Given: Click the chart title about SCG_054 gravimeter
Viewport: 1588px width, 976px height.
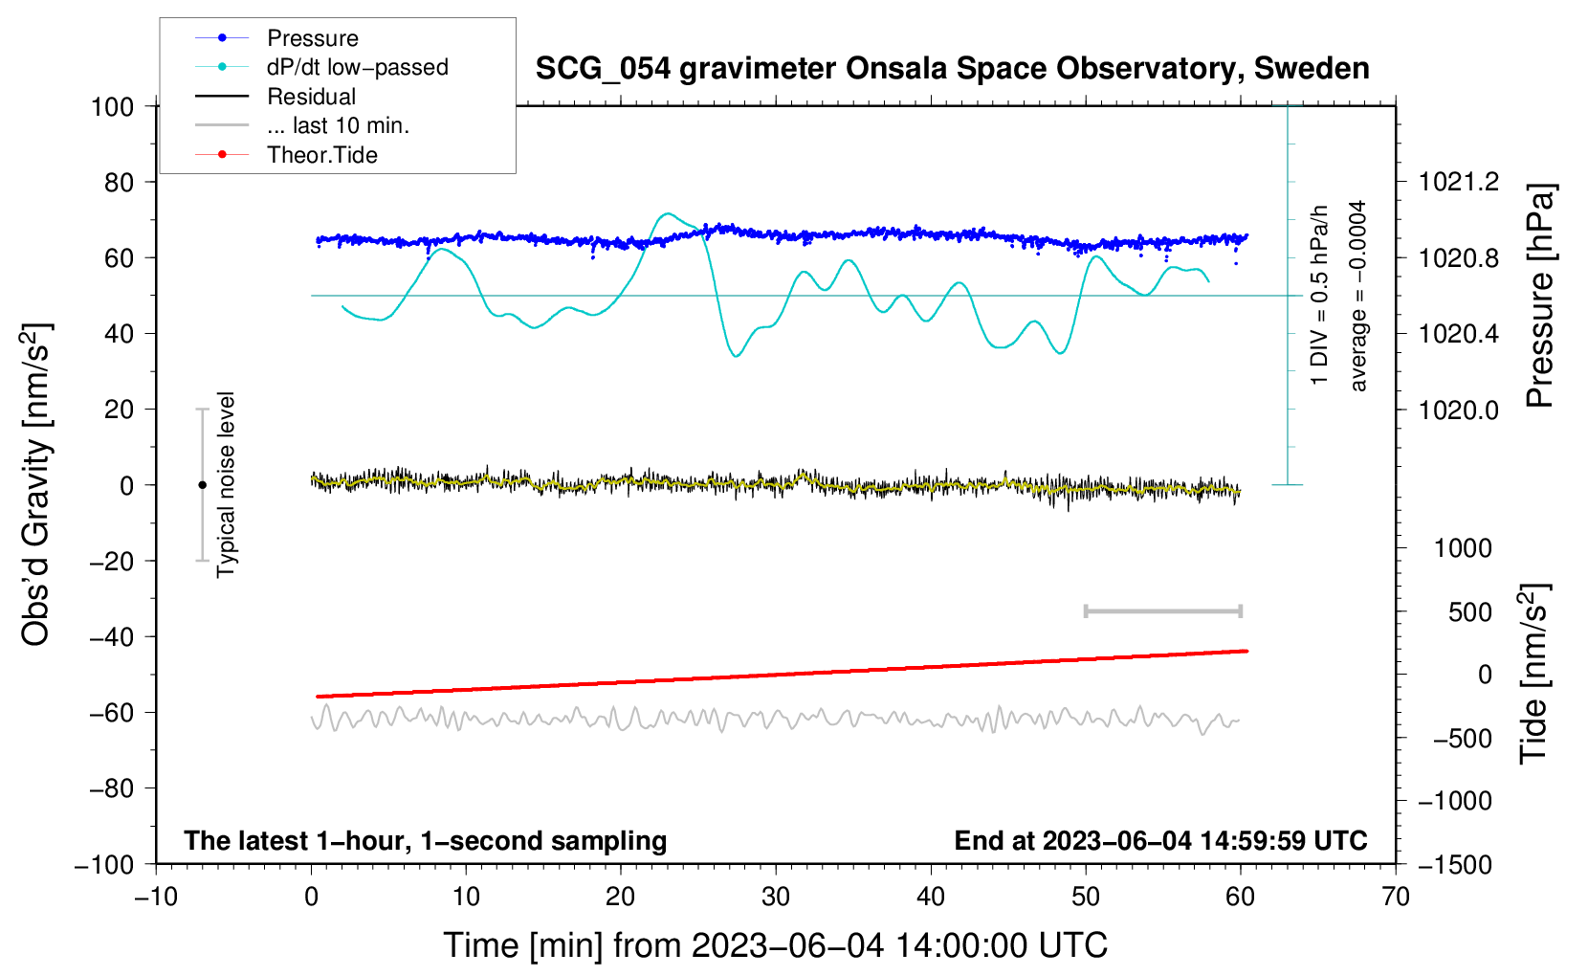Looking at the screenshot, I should [x=952, y=69].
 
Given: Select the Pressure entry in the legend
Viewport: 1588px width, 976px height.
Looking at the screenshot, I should [x=312, y=38].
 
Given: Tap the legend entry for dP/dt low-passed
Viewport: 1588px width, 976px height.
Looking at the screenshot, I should [x=357, y=67].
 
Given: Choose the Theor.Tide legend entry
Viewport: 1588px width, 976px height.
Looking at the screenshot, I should [x=321, y=155].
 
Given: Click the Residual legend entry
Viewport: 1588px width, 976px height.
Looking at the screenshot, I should [x=311, y=97].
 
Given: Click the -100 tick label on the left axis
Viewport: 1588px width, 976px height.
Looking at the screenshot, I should [x=105, y=864].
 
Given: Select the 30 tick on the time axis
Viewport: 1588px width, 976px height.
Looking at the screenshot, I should [x=776, y=897].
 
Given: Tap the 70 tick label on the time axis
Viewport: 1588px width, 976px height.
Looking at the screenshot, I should [x=1396, y=897].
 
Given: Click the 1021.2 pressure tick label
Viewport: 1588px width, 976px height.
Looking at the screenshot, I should [x=1459, y=182].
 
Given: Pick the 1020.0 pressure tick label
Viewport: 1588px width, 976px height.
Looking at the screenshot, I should [x=1459, y=410].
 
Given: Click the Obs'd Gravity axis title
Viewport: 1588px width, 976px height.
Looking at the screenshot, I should [x=36, y=485].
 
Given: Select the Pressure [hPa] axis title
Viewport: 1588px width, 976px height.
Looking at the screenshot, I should [x=1539, y=296].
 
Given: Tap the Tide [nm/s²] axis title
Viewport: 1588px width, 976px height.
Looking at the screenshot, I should [x=1534, y=674].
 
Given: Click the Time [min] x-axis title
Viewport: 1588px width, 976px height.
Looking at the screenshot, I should [x=775, y=945].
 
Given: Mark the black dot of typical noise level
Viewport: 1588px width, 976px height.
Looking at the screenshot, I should [x=202, y=485].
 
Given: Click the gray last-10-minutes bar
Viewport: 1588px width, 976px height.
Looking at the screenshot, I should [x=1163, y=610].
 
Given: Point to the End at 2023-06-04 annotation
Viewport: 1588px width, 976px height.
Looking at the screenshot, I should [x=1160, y=840].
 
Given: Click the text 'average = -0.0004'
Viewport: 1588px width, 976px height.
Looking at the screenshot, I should [x=1357, y=296].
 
